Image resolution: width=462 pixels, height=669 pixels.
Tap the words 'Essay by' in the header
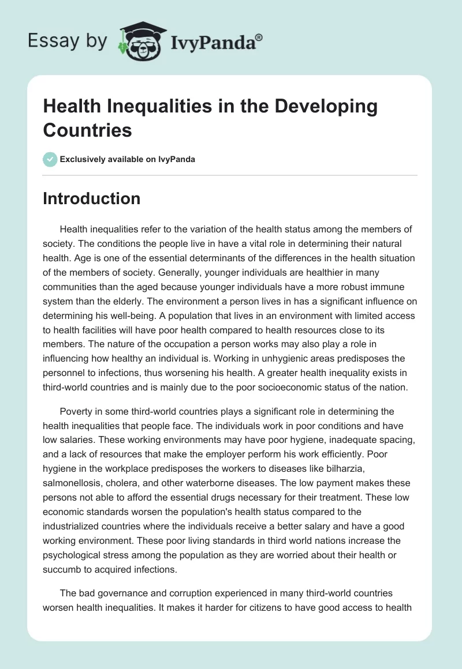[x=67, y=40]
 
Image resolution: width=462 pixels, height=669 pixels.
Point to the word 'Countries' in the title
[x=87, y=130]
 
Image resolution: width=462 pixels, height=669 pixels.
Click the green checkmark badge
[x=50, y=159]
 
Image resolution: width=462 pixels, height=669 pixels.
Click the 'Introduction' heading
[x=92, y=199]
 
